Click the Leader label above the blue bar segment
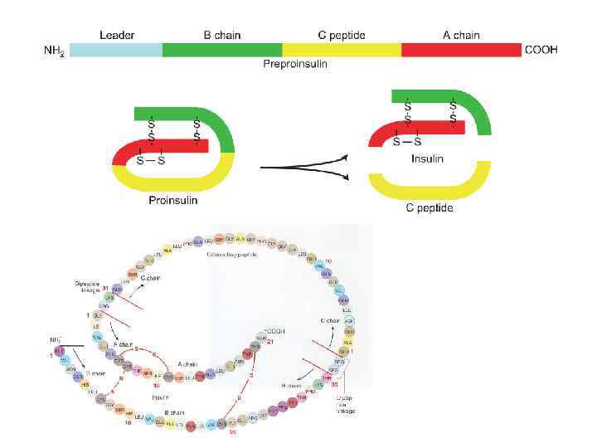coord(117,36)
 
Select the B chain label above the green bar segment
coord(221,36)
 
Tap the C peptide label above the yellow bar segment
coord(341,36)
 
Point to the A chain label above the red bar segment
coord(461,36)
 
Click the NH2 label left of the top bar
coord(54,51)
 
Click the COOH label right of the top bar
coord(541,50)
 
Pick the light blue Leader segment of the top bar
coord(116,50)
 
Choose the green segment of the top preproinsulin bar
coord(222,50)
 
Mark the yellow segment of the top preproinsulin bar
coord(342,50)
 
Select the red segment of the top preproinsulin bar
coord(461,50)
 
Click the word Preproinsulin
coord(295,64)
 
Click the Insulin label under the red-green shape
coord(428,158)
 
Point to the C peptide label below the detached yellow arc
coord(429,207)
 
